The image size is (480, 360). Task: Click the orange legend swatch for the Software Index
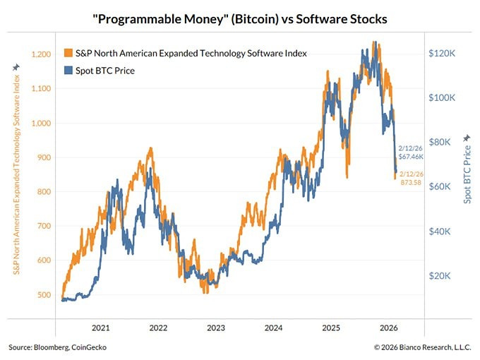68,54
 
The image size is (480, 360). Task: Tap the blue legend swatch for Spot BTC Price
68,71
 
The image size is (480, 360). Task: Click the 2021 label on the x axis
100,328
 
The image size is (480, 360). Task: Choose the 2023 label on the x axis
216,328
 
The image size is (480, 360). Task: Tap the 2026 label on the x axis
390,328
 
